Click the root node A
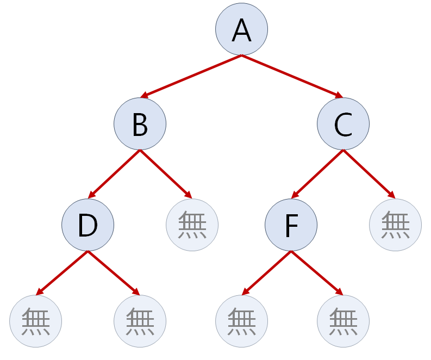click(x=241, y=30)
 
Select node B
click(x=140, y=125)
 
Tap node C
click(x=343, y=125)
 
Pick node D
click(x=88, y=225)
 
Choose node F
click(x=291, y=225)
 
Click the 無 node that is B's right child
click(x=192, y=225)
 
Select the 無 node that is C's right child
click(x=395, y=225)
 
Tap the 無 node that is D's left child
click(x=36, y=321)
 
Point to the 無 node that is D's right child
click(x=140, y=321)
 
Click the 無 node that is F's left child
click(x=241, y=321)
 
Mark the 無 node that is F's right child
click(x=343, y=321)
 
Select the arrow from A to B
click(x=191, y=77)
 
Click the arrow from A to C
click(x=292, y=77)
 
